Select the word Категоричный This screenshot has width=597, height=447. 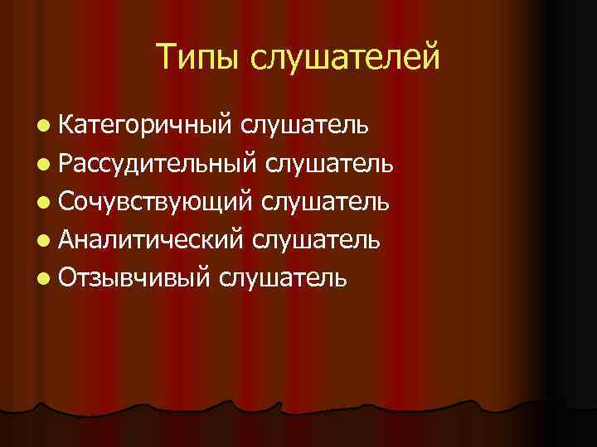point(147,125)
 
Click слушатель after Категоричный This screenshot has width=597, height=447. point(305,125)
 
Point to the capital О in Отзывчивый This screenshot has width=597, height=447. point(69,277)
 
